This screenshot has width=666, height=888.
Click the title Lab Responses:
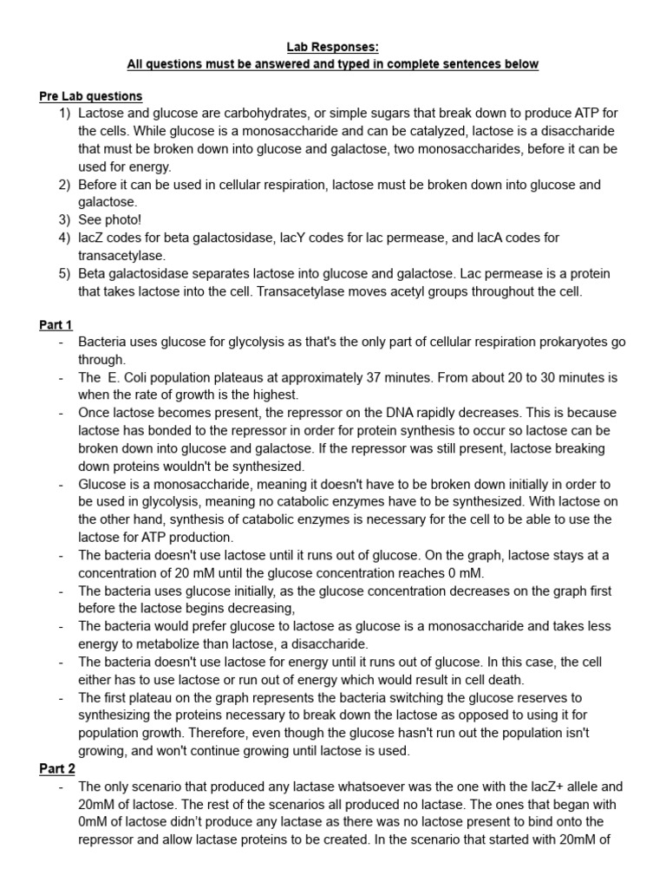(x=332, y=48)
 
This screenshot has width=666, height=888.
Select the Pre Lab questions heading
(x=91, y=96)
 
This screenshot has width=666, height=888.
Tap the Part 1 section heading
(x=55, y=324)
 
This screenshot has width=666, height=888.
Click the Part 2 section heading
(x=57, y=768)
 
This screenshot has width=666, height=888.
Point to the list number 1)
(x=65, y=114)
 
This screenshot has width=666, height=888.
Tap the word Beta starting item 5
(x=93, y=273)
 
